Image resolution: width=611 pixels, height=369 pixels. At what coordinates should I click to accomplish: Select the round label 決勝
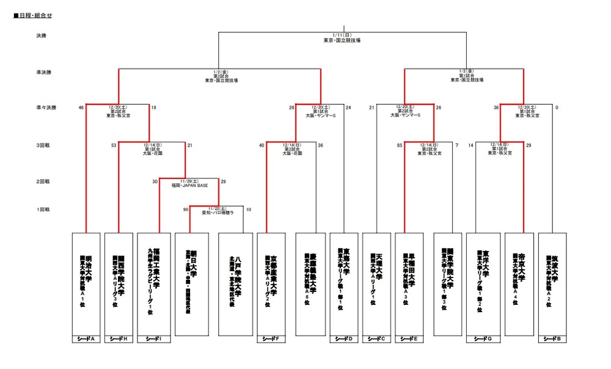(x=41, y=36)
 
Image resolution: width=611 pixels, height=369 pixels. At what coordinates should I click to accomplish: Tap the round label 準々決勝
(x=46, y=108)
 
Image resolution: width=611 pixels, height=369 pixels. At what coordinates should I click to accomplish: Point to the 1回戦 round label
(x=42, y=210)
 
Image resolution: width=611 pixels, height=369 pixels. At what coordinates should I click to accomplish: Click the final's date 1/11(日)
(x=342, y=35)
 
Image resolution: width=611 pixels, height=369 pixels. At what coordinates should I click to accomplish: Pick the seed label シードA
(x=86, y=339)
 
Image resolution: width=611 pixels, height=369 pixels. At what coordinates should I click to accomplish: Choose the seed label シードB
(x=555, y=339)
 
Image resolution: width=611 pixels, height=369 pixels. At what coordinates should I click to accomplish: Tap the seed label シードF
(x=271, y=339)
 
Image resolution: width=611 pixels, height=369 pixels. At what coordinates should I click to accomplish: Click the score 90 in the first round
(x=186, y=210)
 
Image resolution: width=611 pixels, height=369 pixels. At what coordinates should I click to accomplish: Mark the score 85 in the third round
(x=399, y=145)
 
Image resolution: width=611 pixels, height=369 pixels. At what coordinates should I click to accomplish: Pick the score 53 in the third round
(x=114, y=145)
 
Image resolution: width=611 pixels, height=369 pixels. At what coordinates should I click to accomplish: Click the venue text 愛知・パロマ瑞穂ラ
(x=218, y=213)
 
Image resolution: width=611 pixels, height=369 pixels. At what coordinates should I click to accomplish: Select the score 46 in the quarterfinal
(x=81, y=108)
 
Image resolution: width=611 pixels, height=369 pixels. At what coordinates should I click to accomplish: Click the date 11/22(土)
(x=217, y=208)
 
